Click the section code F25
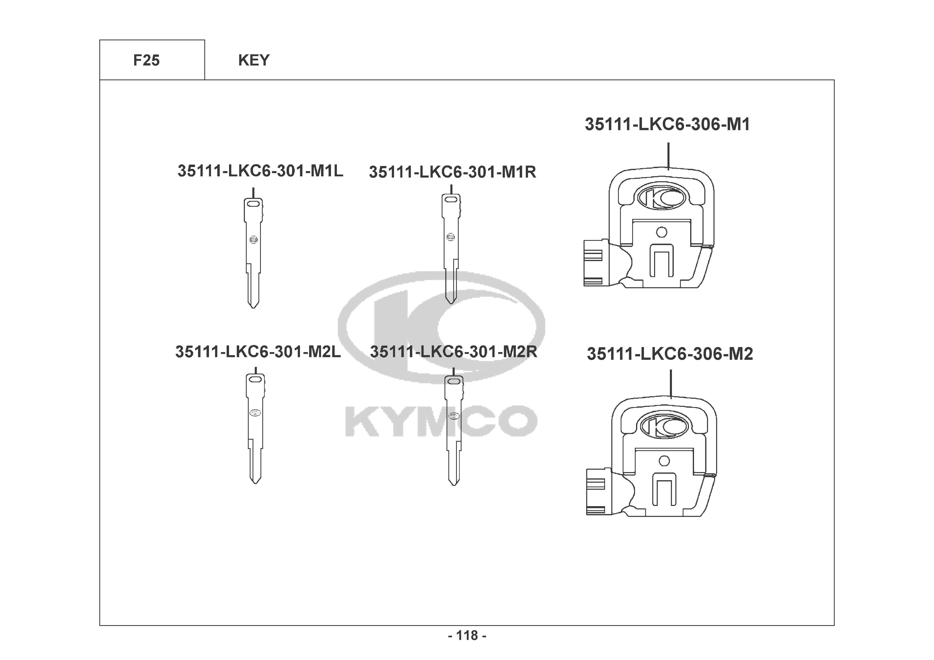click(x=147, y=60)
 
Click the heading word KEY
click(x=254, y=60)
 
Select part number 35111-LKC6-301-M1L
click(x=260, y=171)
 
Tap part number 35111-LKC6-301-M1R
click(x=452, y=172)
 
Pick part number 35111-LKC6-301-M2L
click(x=258, y=351)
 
